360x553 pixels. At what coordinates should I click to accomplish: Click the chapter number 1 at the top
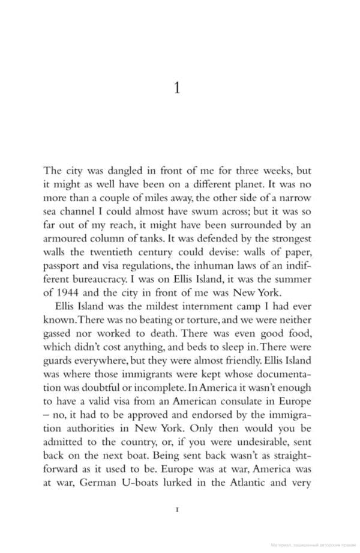(x=177, y=88)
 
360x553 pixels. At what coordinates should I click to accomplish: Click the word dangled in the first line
(x=124, y=170)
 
